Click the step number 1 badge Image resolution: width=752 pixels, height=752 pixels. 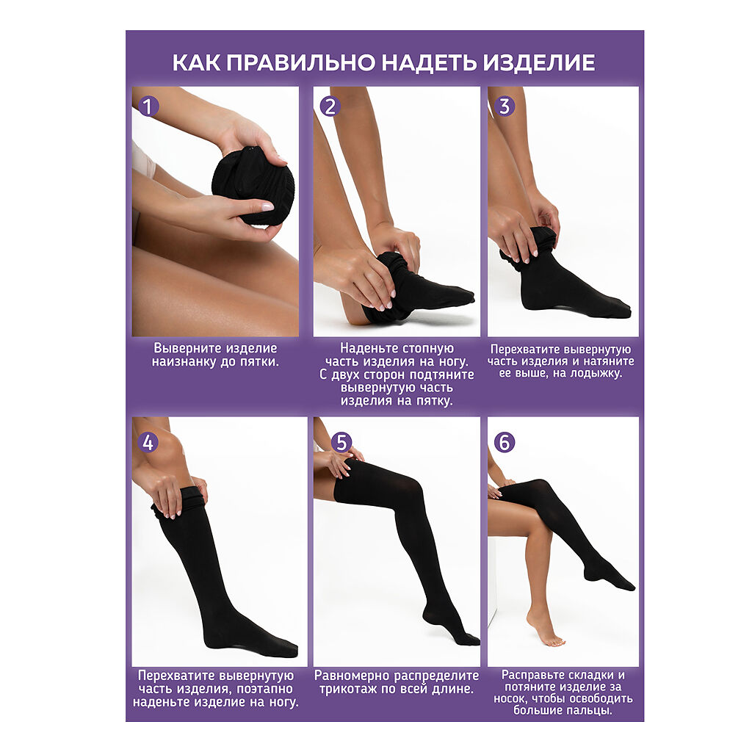click(x=148, y=106)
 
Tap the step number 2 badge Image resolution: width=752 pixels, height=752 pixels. click(x=330, y=106)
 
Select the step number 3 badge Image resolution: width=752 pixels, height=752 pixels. click(x=505, y=106)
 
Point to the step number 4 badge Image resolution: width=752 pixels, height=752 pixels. click(x=148, y=442)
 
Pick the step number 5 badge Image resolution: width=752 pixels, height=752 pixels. click(x=341, y=442)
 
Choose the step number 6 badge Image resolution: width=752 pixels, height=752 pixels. click(x=505, y=442)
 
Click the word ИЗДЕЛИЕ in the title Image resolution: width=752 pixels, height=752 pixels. click(x=539, y=63)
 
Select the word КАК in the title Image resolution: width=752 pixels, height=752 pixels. click(x=197, y=63)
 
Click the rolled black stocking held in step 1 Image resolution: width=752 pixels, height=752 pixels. click(x=253, y=186)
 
